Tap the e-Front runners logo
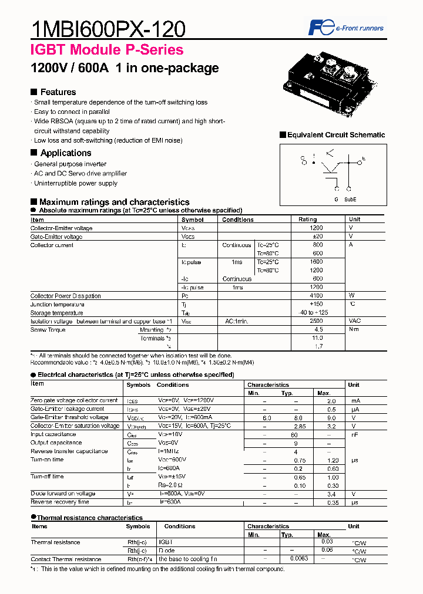tap(346, 28)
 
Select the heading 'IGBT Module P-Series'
tap(106, 50)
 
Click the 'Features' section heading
tap(58, 92)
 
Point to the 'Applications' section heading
tap(65, 153)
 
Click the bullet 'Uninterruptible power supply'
tap(75, 183)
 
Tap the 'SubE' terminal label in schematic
tap(350, 200)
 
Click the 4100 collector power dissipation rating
tap(317, 296)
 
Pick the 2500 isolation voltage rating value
tap(317, 321)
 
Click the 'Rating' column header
tap(307, 220)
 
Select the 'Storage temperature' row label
tap(57, 313)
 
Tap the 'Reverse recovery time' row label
tap(60, 502)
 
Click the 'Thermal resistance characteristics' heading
tap(89, 518)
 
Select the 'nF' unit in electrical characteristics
tap(354, 434)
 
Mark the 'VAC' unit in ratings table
tap(355, 321)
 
